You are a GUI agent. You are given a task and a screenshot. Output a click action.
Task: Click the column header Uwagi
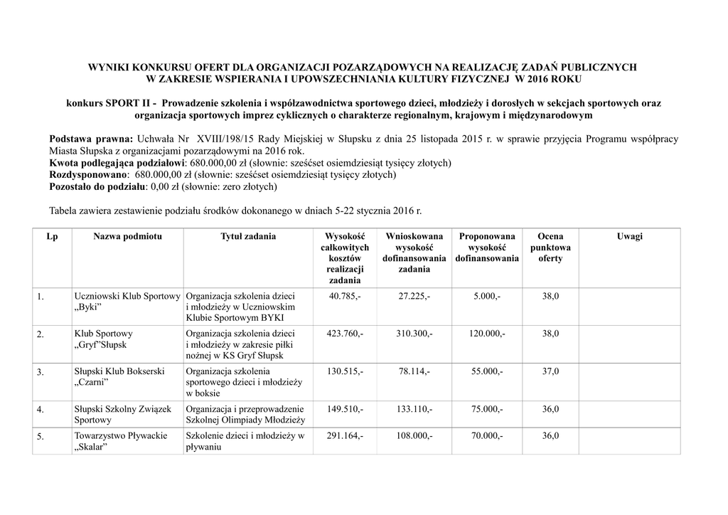point(629,236)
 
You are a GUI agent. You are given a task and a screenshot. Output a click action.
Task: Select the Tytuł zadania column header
point(248,236)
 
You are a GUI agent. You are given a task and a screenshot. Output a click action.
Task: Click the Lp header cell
point(52,236)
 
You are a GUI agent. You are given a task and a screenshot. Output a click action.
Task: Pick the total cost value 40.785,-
point(345,296)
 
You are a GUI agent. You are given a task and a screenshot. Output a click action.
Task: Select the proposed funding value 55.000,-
point(487,371)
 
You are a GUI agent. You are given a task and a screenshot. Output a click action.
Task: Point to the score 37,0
point(550,371)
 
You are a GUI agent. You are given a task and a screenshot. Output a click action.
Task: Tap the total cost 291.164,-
point(345,436)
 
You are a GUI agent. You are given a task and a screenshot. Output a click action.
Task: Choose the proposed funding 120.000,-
point(487,334)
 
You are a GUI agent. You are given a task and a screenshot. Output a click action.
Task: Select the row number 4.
point(41,410)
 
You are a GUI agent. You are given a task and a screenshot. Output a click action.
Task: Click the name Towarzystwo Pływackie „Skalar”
point(120,442)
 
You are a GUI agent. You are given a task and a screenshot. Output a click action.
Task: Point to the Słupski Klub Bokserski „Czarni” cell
point(119,377)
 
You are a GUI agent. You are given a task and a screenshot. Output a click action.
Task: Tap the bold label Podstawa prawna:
point(90,139)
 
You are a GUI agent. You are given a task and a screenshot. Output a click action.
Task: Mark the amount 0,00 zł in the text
point(164,186)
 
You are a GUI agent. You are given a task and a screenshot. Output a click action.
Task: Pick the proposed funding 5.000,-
point(487,296)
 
